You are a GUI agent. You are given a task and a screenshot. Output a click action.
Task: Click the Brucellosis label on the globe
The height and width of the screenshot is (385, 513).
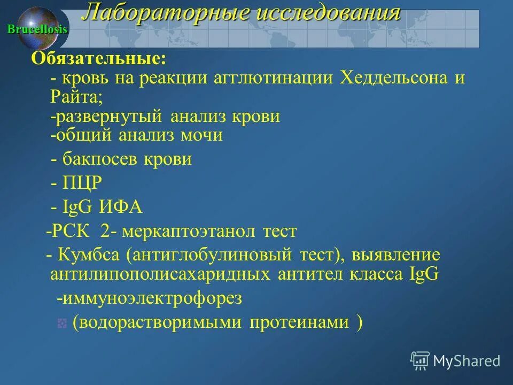[37, 29]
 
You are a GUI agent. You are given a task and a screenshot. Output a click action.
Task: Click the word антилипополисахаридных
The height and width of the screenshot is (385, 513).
[160, 274]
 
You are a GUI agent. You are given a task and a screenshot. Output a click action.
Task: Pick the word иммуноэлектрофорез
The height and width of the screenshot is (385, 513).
[152, 298]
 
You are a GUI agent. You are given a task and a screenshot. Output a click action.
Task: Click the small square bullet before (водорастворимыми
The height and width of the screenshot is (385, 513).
[62, 323]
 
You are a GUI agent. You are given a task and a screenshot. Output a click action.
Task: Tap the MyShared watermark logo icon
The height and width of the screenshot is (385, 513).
[420, 361]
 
